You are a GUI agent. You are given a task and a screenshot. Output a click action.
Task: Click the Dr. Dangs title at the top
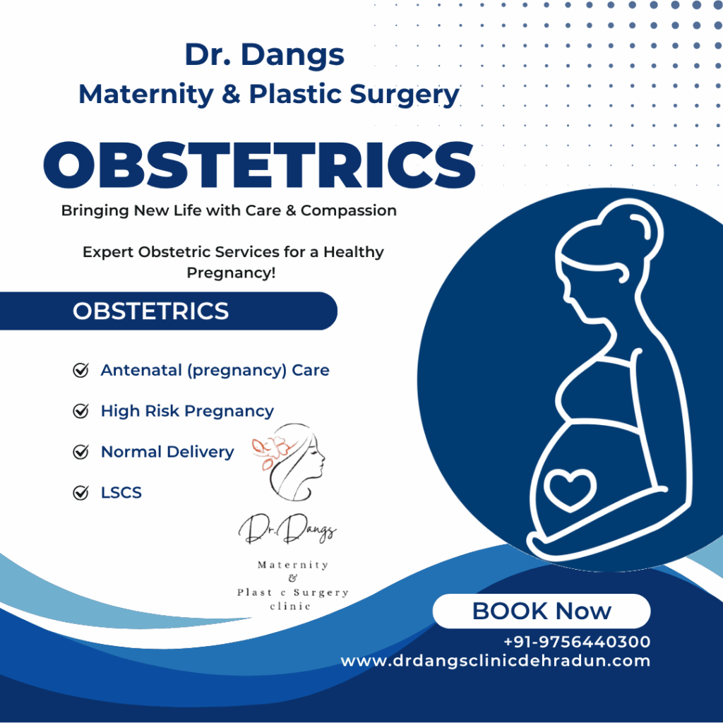tap(264, 55)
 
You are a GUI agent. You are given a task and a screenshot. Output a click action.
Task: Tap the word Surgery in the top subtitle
tap(405, 95)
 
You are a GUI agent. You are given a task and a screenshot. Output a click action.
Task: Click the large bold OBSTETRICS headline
tap(259, 165)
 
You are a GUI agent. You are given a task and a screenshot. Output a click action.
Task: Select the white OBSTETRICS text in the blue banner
tap(151, 311)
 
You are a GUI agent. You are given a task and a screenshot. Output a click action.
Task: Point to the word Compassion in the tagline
tap(349, 210)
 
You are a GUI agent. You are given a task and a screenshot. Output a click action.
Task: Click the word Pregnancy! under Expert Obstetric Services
tap(231, 273)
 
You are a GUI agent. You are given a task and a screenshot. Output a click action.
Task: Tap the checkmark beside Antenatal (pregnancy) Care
tap(80, 370)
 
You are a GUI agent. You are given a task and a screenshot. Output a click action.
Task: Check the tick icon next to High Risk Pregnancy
tap(80, 410)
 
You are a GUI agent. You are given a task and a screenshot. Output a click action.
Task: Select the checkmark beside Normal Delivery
tap(80, 451)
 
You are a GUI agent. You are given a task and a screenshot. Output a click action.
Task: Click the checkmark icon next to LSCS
tap(80, 492)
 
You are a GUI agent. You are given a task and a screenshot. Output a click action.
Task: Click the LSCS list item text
tap(121, 492)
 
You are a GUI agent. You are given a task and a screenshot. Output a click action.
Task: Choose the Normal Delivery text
tap(167, 452)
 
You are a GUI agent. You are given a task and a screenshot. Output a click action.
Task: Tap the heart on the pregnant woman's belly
tap(570, 490)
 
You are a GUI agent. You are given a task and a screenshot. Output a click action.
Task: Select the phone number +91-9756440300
tap(577, 641)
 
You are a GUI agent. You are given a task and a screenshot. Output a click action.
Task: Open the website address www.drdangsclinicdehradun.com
tap(496, 661)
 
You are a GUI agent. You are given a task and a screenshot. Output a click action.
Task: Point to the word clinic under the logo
tap(290, 606)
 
